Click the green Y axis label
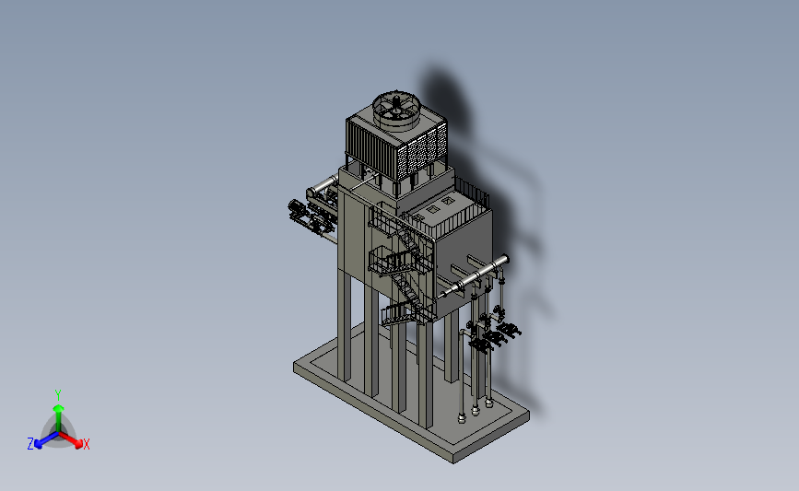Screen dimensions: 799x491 [x=57, y=395]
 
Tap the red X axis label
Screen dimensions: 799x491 [x=86, y=444]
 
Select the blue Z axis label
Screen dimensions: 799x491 [x=30, y=444]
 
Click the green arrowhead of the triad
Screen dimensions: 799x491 [x=58, y=408]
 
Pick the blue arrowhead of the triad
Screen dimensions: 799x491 [x=39, y=444]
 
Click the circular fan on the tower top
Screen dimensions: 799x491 [x=396, y=109]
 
